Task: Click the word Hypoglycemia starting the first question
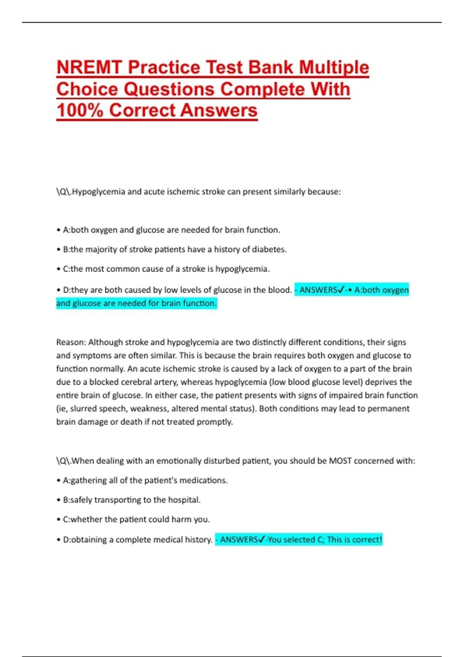pyautogui.click(x=99, y=192)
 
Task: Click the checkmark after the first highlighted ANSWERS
pyautogui.click(x=341, y=290)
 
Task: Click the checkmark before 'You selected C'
pyautogui.click(x=261, y=540)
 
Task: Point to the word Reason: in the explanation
pyautogui.click(x=71, y=342)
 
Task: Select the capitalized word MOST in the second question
pyautogui.click(x=340, y=461)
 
